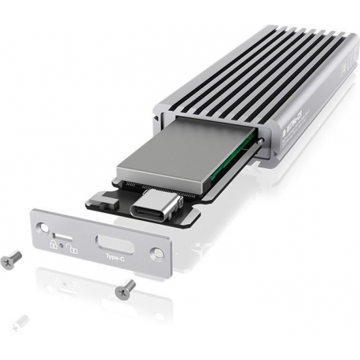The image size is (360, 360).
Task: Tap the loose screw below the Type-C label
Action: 123,289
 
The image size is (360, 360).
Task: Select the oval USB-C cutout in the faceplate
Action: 112,241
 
